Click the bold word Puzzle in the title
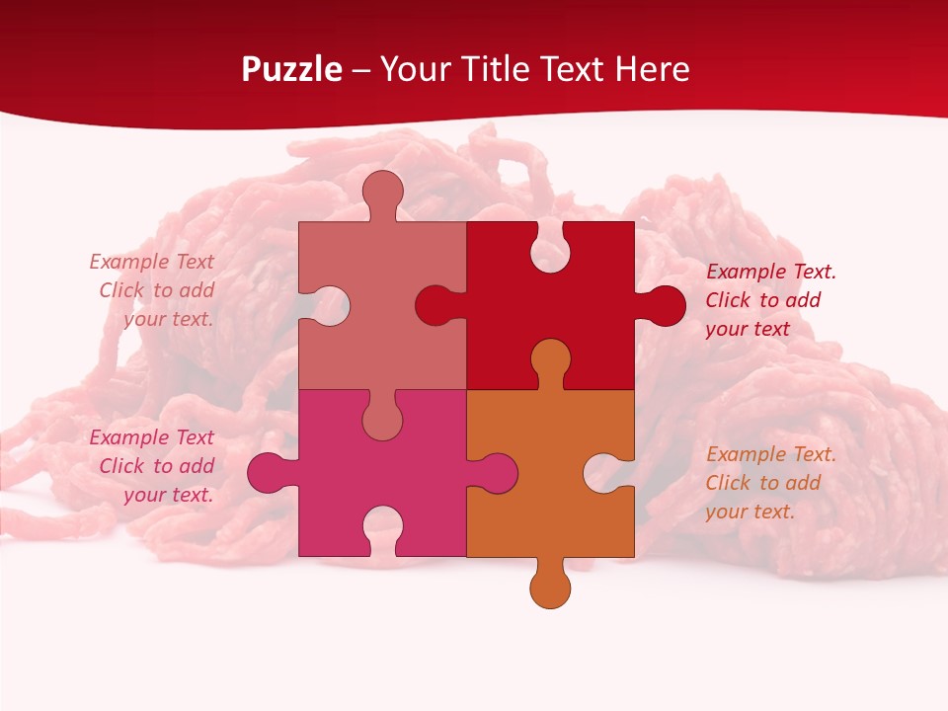point(292,69)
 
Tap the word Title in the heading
point(494,69)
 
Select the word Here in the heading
point(652,69)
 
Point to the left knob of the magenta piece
point(267,472)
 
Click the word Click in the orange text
point(729,483)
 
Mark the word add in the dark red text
point(802,300)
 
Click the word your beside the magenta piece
point(144,495)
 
